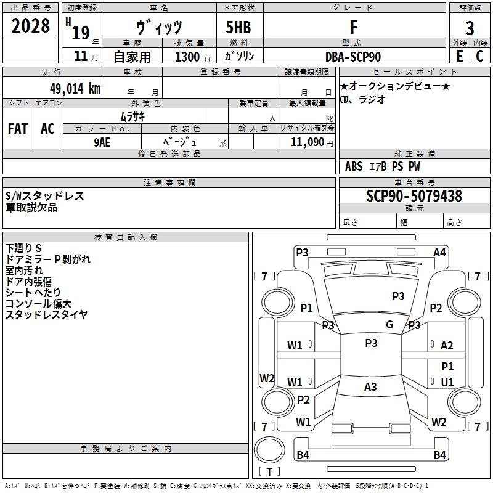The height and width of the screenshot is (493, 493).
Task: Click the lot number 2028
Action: click(30, 26)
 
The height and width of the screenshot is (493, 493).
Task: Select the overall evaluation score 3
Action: click(470, 28)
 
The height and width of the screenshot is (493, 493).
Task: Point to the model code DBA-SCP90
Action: click(353, 57)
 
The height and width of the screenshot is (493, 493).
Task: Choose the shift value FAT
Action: click(17, 129)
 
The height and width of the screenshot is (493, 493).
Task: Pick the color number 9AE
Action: click(102, 141)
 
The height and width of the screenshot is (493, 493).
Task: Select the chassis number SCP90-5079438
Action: click(414, 196)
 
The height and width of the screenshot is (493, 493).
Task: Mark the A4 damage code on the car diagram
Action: click(439, 252)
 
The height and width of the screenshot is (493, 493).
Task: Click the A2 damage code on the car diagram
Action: click(447, 346)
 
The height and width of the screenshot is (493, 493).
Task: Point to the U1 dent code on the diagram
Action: click(447, 382)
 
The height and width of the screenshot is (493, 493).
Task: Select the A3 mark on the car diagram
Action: click(370, 387)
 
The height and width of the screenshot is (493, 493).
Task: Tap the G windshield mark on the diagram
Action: click(389, 325)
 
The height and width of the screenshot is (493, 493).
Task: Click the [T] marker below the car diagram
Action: click(269, 471)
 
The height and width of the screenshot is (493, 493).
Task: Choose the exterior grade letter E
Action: click(459, 56)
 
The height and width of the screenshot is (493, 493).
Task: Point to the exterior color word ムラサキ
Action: click(132, 116)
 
